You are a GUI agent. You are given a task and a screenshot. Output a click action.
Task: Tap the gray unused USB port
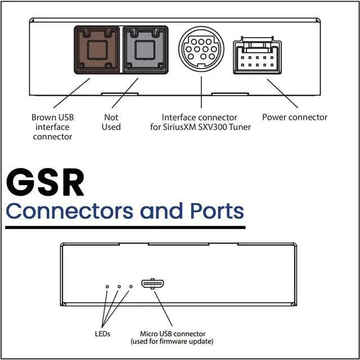point(145,51)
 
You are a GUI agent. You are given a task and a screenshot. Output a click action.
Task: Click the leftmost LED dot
point(107,287)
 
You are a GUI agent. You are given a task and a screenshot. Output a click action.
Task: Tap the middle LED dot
point(119,287)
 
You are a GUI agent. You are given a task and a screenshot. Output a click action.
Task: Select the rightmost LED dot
point(131,287)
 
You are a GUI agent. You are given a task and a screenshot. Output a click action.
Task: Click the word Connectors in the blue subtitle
point(70,211)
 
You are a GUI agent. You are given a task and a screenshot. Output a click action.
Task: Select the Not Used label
point(111,122)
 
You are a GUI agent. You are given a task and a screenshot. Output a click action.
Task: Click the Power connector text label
point(294,118)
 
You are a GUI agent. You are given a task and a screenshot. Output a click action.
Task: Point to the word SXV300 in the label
point(215,127)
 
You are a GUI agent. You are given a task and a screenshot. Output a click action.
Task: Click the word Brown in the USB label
point(44,118)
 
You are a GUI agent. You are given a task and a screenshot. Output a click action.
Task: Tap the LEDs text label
point(102,334)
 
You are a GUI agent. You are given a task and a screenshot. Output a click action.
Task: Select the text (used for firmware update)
point(172,341)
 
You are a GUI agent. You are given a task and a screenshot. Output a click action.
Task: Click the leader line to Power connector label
point(283,93)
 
